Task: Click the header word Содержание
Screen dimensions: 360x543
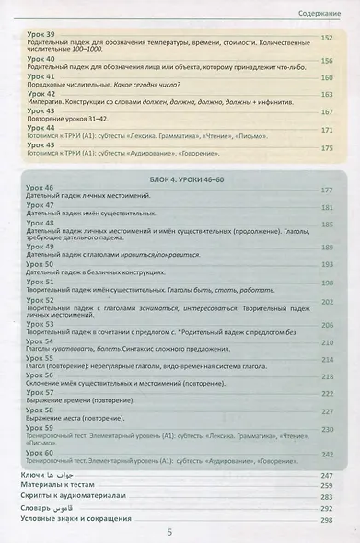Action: click(x=324, y=12)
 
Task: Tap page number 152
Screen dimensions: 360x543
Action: click(x=326, y=38)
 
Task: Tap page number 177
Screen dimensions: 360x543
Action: click(x=326, y=190)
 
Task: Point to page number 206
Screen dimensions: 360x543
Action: click(x=326, y=326)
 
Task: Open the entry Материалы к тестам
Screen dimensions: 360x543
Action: click(x=59, y=485)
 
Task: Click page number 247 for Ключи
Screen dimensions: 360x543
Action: click(x=326, y=474)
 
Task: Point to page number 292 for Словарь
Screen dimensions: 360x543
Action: click(x=326, y=507)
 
